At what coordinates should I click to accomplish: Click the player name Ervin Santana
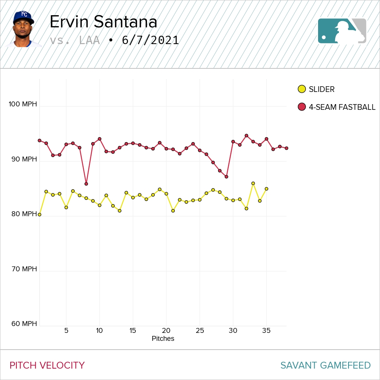point(103,22)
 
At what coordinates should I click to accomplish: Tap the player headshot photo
point(24,29)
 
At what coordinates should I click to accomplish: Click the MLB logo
point(342,31)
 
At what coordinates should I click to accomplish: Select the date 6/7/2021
point(150,40)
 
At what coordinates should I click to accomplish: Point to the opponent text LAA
point(90,40)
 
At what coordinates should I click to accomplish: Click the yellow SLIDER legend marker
point(302,89)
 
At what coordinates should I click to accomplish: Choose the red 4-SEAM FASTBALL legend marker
point(302,107)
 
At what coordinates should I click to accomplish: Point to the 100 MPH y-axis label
point(23,104)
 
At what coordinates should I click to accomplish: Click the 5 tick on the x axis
point(66,331)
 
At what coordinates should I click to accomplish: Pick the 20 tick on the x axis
point(166,331)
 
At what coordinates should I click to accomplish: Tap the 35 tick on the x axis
point(266,331)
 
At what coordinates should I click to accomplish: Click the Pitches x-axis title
point(163,339)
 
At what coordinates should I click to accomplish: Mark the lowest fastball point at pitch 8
point(86,184)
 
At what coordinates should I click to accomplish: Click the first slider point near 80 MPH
point(40,215)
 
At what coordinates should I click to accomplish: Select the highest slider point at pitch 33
point(253,183)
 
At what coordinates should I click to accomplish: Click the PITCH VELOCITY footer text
point(47,366)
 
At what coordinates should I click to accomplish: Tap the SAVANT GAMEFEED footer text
point(325,366)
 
